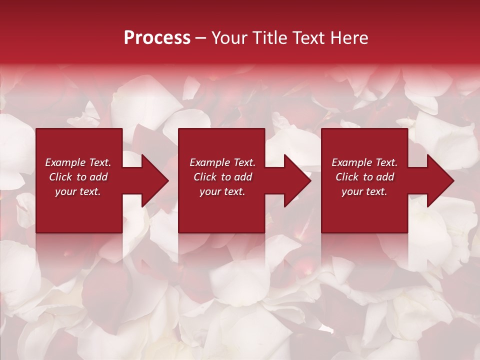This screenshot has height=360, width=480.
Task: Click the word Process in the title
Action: (157, 38)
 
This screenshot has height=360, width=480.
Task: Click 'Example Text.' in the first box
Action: (78, 162)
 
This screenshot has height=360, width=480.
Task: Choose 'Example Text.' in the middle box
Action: (222, 162)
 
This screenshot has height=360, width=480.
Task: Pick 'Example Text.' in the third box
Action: (364, 162)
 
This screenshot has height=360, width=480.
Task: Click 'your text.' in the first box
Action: (78, 192)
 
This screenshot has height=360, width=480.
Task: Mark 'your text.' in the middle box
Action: (222, 192)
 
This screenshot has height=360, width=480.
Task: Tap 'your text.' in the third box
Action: (364, 192)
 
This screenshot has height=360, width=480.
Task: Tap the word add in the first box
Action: (98, 177)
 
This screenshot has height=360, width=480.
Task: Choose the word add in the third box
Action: (385, 177)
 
